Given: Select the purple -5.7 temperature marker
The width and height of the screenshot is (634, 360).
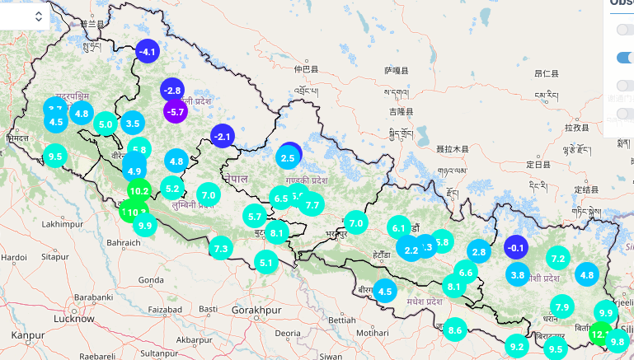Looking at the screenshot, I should (x=176, y=111).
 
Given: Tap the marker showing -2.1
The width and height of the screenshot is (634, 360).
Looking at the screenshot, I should (x=223, y=136).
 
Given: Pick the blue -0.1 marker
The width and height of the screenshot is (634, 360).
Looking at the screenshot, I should (x=516, y=247).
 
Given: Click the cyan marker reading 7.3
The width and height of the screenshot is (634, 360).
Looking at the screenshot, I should (x=220, y=248).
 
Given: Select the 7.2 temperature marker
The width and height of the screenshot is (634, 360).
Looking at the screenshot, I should (x=558, y=259).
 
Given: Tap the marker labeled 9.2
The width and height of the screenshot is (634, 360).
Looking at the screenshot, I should (x=516, y=347).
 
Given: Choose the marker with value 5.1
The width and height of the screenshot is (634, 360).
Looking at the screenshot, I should (x=265, y=263).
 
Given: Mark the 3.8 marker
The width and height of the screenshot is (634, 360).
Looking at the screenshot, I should (x=518, y=275).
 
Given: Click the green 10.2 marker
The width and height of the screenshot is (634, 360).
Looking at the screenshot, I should (x=139, y=191).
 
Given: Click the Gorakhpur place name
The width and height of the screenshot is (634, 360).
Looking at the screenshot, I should (x=251, y=310).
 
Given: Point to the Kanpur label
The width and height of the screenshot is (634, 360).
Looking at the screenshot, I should (x=27, y=335).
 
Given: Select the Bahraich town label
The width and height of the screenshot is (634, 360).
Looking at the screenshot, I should (x=124, y=243).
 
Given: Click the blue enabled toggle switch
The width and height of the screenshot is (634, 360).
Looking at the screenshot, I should (x=626, y=58).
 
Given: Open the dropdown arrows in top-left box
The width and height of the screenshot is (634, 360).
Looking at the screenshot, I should (x=39, y=16).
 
